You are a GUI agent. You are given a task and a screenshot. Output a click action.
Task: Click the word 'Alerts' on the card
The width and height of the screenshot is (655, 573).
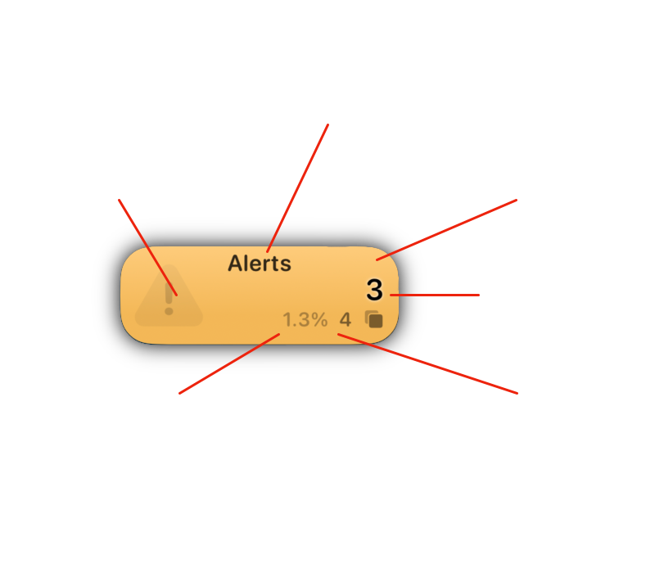pyautogui.click(x=259, y=264)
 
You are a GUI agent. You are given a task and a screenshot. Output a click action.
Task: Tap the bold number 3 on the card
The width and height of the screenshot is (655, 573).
pyautogui.click(x=374, y=290)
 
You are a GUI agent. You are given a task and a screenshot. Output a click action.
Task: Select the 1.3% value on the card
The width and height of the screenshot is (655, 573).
pyautogui.click(x=305, y=319)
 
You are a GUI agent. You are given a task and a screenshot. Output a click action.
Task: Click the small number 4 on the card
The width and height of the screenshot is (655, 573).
pyautogui.click(x=346, y=319)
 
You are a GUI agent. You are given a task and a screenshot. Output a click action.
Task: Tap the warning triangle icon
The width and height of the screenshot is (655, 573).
pyautogui.click(x=169, y=296)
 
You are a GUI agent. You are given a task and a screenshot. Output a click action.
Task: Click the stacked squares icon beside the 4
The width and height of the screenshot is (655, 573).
pyautogui.click(x=374, y=319)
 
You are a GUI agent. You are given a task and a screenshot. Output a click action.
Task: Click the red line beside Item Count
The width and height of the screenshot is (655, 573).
pyautogui.click(x=434, y=295)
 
